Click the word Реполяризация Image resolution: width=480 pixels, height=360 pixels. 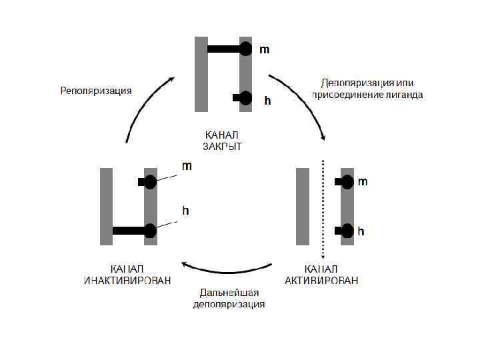pyautogui.click(x=96, y=90)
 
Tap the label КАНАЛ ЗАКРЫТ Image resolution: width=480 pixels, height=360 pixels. pyautogui.click(x=221, y=141)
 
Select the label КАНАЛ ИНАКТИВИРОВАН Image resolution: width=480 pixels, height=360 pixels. pyautogui.click(x=126, y=274)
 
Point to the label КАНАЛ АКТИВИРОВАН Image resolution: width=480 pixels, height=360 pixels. pyautogui.click(x=321, y=274)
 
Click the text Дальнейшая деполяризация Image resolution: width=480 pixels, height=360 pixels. pyautogui.click(x=229, y=299)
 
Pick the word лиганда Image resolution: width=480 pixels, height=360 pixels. pyautogui.click(x=403, y=95)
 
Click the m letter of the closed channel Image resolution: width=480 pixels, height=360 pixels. pyautogui.click(x=265, y=49)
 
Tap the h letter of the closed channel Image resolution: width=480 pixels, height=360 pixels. pyautogui.click(x=267, y=101)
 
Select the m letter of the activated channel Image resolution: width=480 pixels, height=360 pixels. pyautogui.click(x=363, y=181)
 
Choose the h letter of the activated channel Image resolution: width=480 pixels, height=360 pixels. pyautogui.click(x=361, y=232)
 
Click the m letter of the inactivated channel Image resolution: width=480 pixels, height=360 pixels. pyautogui.click(x=187, y=167)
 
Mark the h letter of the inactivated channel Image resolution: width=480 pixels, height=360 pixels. pyautogui.click(x=186, y=211)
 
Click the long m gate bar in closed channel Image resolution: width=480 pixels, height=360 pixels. pyautogui.click(x=224, y=49)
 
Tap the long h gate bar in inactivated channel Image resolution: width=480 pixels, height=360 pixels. pyautogui.click(x=129, y=231)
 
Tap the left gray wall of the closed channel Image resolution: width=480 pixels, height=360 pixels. pyautogui.click(x=201, y=73)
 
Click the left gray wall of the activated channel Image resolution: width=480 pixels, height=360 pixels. pyautogui.click(x=303, y=207)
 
